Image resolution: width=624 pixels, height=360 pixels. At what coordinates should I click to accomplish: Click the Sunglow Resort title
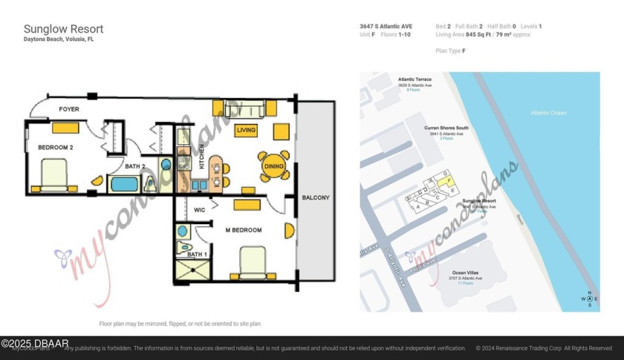coord(63,29)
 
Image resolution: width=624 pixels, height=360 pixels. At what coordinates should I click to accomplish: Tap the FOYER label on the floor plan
coord(69,109)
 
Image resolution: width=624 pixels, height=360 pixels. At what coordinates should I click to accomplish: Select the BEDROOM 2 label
coord(56,148)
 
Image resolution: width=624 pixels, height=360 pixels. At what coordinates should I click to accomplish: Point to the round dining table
coord(273,166)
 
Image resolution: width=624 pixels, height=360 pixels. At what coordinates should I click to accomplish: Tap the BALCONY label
coord(316,197)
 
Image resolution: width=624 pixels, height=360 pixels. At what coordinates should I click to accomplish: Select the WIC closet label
coord(199,210)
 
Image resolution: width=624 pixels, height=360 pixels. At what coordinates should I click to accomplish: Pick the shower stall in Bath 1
coord(189,272)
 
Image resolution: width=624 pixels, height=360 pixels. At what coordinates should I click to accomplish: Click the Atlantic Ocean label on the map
coord(548,113)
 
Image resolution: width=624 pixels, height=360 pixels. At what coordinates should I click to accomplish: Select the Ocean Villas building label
coord(467,273)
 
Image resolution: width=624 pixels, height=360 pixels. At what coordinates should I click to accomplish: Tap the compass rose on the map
coord(589,298)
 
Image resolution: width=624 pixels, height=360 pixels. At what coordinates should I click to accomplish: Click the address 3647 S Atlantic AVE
coord(386,27)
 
